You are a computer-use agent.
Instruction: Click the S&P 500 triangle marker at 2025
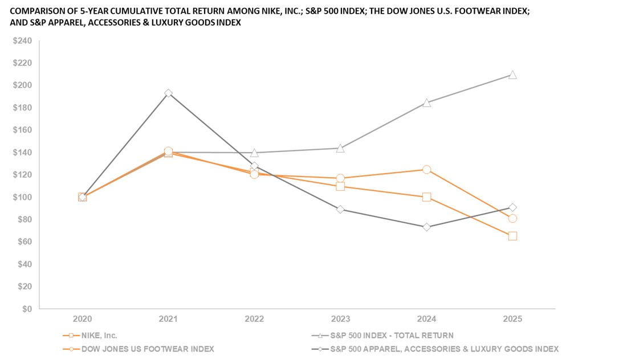512,75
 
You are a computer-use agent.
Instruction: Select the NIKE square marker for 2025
512,236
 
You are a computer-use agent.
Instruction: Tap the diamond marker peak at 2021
168,93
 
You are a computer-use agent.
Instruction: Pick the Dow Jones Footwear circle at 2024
426,170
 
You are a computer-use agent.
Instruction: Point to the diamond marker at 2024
426,227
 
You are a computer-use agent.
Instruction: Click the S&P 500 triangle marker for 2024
426,103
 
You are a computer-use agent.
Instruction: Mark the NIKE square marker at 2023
340,186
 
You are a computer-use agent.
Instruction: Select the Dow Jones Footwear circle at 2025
512,218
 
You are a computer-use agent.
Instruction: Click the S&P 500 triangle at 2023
340,148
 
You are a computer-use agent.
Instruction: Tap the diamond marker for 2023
340,209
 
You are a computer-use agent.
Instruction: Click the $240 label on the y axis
23,40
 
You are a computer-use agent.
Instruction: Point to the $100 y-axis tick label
23,197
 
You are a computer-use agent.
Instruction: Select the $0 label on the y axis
27,309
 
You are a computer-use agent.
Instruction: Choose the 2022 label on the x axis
254,319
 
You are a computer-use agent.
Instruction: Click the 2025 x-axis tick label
512,319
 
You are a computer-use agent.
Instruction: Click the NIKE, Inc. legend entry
99,336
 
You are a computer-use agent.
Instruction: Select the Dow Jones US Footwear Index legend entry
148,349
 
